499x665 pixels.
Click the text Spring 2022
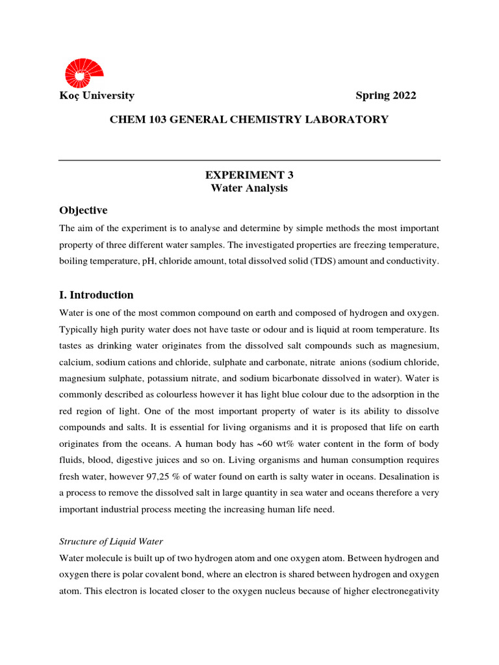coord(385,95)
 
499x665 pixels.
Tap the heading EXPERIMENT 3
coord(249,175)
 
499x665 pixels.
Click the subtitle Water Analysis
coord(249,188)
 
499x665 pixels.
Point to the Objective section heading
coord(83,210)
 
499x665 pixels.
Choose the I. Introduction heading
coord(96,295)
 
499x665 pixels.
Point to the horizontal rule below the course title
coord(249,160)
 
